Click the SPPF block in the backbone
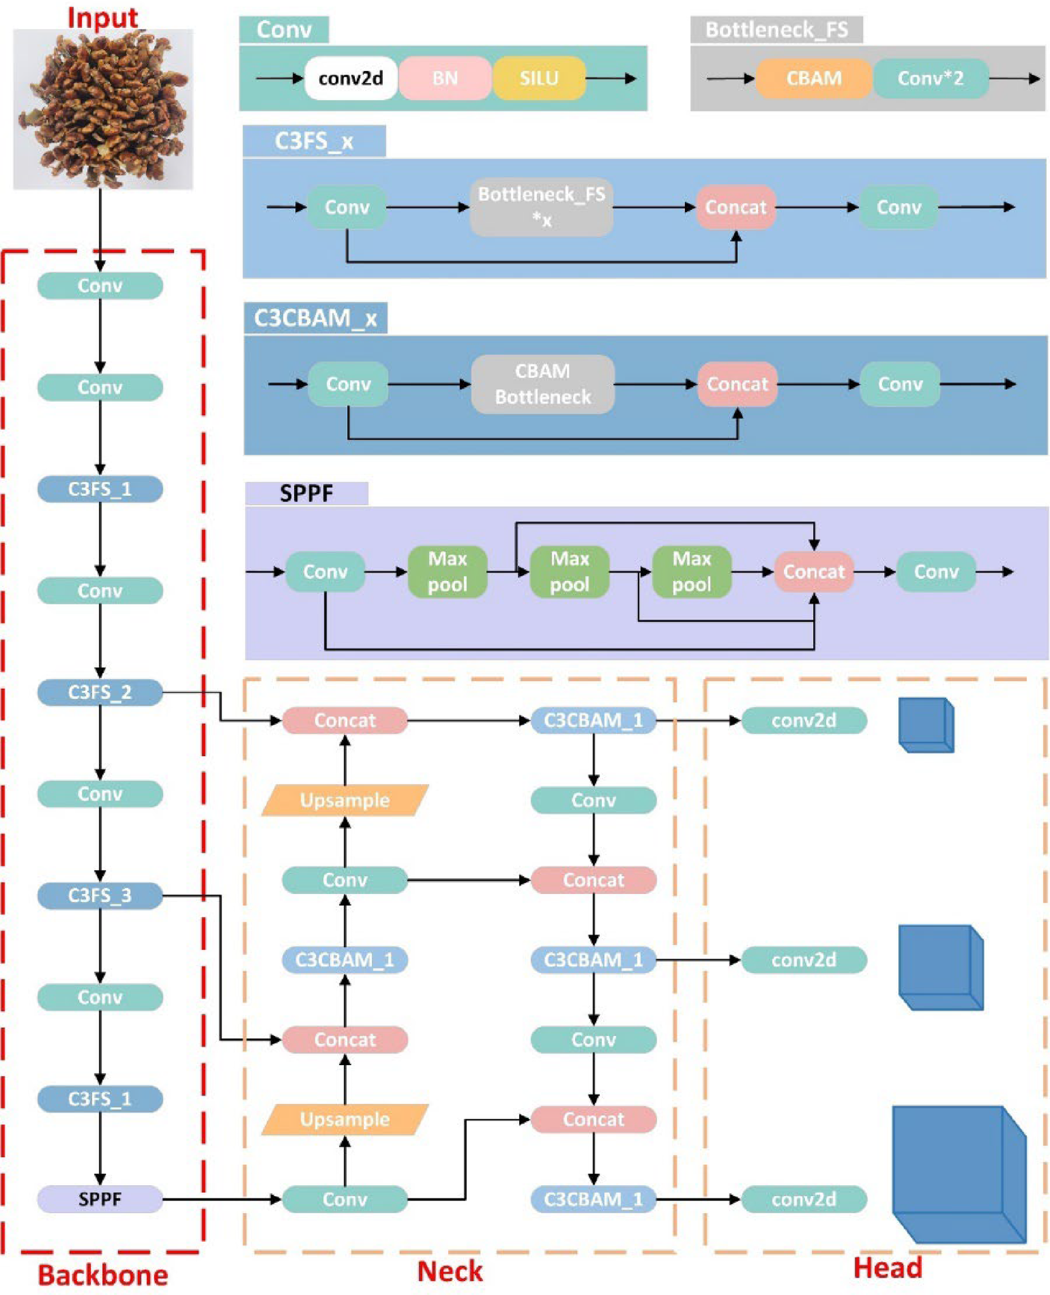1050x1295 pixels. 100,1199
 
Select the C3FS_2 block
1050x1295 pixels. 100,692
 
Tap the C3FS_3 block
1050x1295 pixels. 100,895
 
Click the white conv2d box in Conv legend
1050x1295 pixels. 350,78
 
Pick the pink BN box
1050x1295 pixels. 444,78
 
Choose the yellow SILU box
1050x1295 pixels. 538,78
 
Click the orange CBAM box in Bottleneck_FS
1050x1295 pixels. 813,78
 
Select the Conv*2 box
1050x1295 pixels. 930,78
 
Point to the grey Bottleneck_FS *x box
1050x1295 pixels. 541,207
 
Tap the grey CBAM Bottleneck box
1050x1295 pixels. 542,384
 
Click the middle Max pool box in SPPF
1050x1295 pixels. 569,571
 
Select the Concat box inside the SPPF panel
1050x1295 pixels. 813,571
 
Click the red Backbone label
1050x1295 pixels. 103,1275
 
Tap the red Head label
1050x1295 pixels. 887,1268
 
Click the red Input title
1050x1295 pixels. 102,17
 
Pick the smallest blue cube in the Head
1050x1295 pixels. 926,725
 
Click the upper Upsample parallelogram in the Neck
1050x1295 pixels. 345,800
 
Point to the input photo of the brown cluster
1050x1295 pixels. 103,109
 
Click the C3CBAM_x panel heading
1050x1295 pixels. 316,317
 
